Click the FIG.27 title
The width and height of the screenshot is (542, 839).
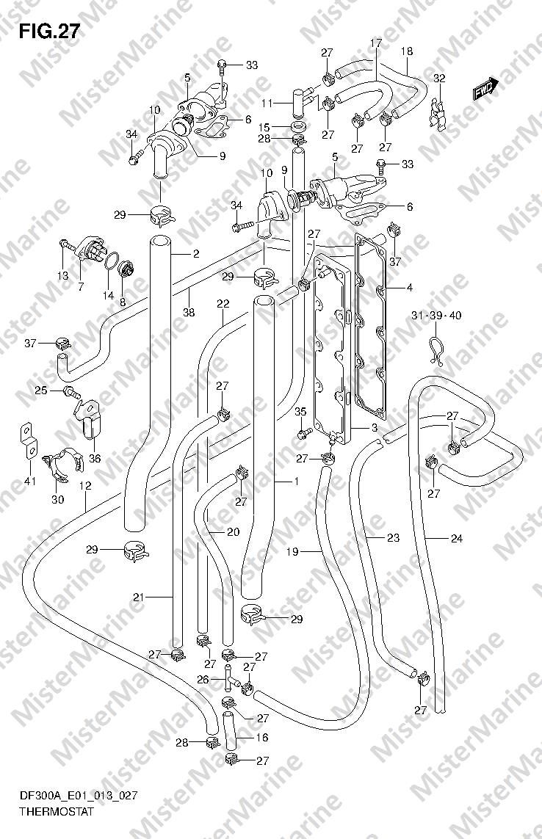[x=49, y=32]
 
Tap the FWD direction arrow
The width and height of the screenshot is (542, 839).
[x=485, y=90]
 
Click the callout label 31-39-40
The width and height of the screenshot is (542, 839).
[x=436, y=316]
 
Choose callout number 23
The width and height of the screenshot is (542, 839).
[x=393, y=538]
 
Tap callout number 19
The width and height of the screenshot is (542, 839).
[x=292, y=551]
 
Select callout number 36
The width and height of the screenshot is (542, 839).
[x=94, y=459]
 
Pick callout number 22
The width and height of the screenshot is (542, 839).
[x=223, y=304]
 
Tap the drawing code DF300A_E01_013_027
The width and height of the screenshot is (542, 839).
[x=70, y=796]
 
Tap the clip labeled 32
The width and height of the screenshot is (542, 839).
[x=438, y=112]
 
